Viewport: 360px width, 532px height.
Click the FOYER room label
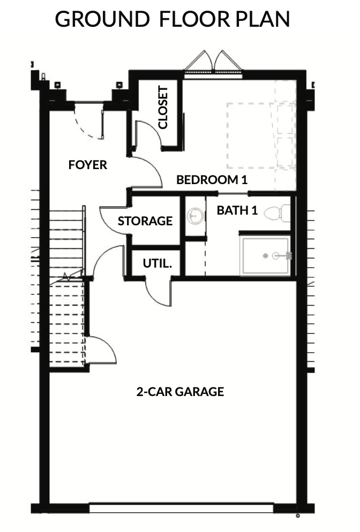pos(88,165)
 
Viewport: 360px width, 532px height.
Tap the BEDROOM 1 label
pos(212,179)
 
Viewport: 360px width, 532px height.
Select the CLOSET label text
pos(163,107)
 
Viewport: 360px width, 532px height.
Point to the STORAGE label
pos(145,221)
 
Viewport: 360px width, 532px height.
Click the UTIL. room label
pos(157,263)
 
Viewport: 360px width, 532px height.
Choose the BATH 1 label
pos(237,210)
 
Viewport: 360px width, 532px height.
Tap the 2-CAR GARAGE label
pos(180,392)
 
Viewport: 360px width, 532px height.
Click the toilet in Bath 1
pos(277,213)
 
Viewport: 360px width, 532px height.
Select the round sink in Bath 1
pos(196,216)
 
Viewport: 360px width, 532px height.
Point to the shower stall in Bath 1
pos(265,256)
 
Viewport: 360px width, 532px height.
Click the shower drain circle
pos(266,256)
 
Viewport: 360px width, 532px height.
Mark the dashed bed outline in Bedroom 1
pos(253,136)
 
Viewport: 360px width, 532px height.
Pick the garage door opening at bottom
pos(181,508)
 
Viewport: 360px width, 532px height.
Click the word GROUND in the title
pos(102,19)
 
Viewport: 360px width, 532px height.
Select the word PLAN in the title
pos(263,19)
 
